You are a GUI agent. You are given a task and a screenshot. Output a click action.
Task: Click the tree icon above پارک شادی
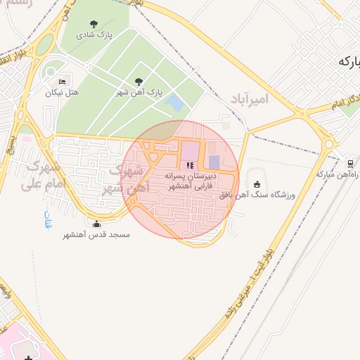coord(94,24)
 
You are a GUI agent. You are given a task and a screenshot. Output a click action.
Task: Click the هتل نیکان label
coord(63,92)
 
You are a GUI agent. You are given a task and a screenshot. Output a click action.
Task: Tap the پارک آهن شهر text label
coord(139,92)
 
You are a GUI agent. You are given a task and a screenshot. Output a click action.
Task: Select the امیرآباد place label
coord(249,99)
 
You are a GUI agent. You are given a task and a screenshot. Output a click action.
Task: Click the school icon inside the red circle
coord(189,165)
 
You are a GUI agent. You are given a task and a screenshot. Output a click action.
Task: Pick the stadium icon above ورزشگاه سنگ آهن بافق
coord(256,184)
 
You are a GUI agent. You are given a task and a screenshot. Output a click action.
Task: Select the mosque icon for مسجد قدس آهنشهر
coord(97,224)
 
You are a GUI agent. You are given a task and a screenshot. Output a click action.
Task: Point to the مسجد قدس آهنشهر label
coord(96,234)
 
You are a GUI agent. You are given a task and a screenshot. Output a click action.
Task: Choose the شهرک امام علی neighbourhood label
coord(42,176)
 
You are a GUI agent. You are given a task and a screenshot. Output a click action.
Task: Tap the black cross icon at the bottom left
coord(28,357)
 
